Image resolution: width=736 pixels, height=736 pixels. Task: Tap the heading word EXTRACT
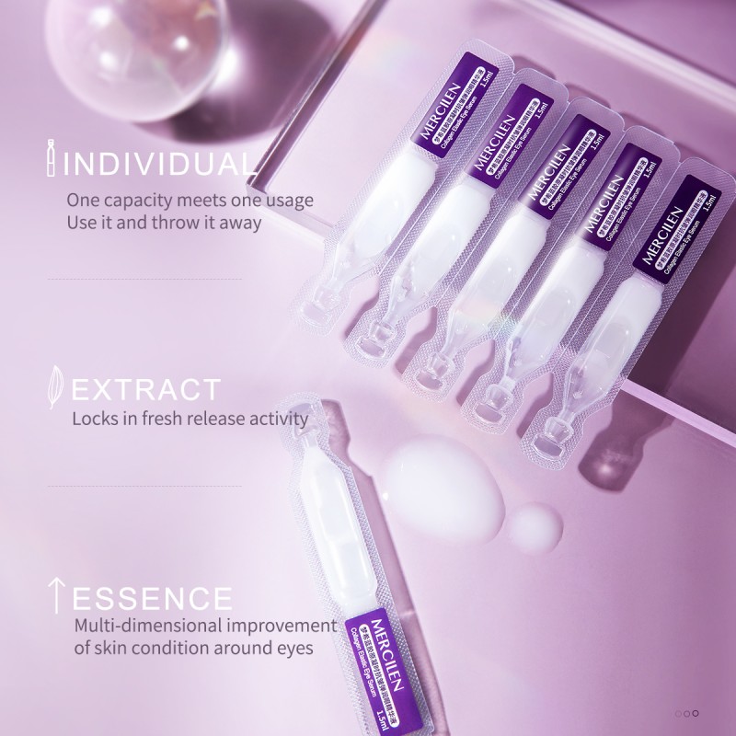click(145, 389)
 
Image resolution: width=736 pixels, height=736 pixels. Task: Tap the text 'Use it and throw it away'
click(164, 223)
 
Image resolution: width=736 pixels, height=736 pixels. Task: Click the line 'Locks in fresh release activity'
click(190, 419)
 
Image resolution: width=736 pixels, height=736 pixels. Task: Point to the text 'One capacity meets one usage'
click(190, 200)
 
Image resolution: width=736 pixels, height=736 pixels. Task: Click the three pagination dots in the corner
click(687, 713)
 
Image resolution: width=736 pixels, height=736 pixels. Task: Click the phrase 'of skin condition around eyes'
click(193, 648)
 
